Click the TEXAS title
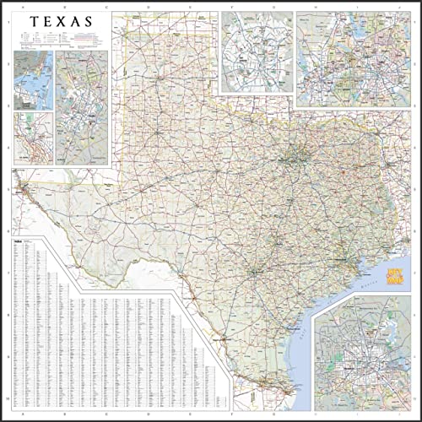click(x=64, y=19)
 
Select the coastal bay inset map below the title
click(x=33, y=79)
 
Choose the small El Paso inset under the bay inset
click(x=33, y=138)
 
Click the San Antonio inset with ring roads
click(x=257, y=52)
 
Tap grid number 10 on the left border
click(x=6, y=397)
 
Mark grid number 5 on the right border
click(x=416, y=191)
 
